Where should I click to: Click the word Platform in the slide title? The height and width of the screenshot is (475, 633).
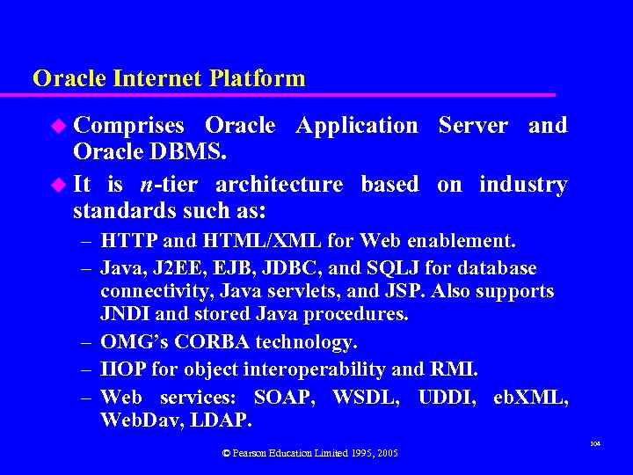tap(258, 78)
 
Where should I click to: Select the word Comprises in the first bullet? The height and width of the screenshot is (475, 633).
tap(128, 126)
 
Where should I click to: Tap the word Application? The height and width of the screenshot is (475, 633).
tap(357, 126)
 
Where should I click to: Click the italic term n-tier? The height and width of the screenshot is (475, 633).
tap(168, 185)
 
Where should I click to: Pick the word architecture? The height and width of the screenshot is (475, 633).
tap(279, 185)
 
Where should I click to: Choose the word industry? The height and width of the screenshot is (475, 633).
tap(523, 185)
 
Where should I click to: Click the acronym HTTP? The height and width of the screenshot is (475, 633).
tap(128, 240)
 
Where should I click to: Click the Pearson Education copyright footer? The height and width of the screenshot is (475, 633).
tap(309, 453)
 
